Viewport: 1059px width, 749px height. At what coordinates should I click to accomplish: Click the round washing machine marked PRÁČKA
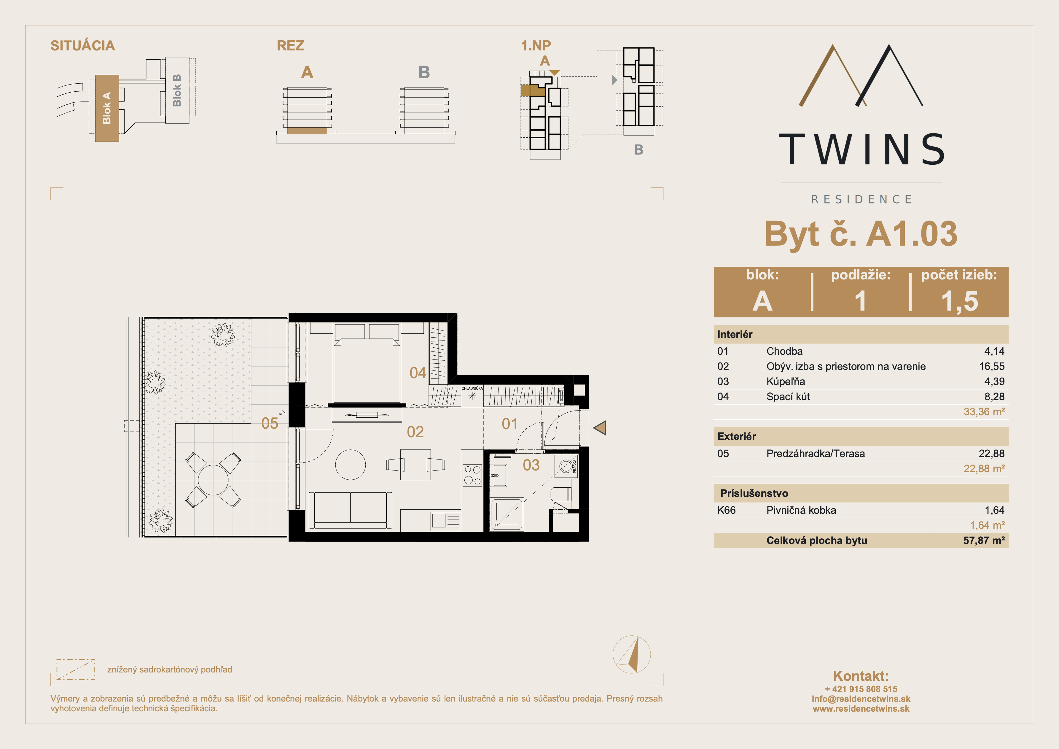566,466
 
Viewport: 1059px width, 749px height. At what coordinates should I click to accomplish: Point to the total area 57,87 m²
983,540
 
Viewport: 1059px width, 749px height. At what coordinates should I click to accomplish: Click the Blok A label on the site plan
106,108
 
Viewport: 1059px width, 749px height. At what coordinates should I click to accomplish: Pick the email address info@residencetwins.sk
861,699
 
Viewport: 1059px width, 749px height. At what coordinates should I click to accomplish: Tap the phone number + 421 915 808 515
861,688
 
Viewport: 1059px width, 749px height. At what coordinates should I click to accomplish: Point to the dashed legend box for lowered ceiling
76,670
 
